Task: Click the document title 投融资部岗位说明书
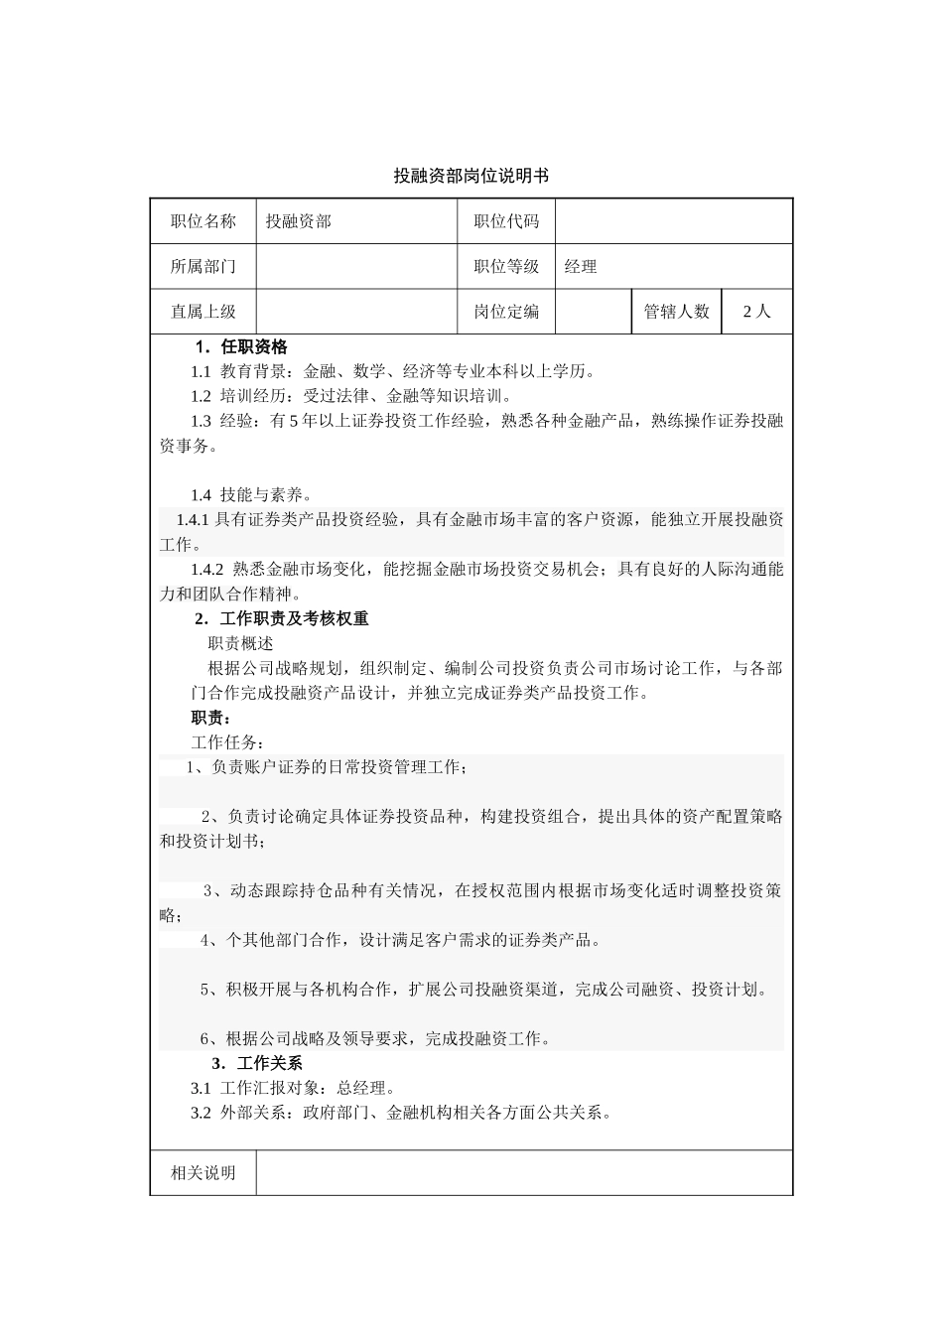pos(471,176)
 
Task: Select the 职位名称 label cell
pos(203,221)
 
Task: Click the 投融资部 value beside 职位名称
pos(298,221)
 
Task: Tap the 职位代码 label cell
pos(506,221)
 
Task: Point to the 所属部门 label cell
pos(203,266)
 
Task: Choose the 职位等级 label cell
pos(506,266)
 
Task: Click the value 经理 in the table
pos(581,266)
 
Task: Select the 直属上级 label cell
pos(203,311)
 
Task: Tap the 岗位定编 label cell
pos(506,311)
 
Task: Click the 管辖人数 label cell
pos(677,311)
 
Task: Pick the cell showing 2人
pos(756,311)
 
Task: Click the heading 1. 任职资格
pos(241,346)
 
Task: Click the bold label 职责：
pos(210,718)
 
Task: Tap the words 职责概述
pos(240,643)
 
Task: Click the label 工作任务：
pos(227,742)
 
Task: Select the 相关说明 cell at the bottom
pos(203,1173)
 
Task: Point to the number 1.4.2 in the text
pos(207,570)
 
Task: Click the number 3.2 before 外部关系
pos(201,1113)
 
